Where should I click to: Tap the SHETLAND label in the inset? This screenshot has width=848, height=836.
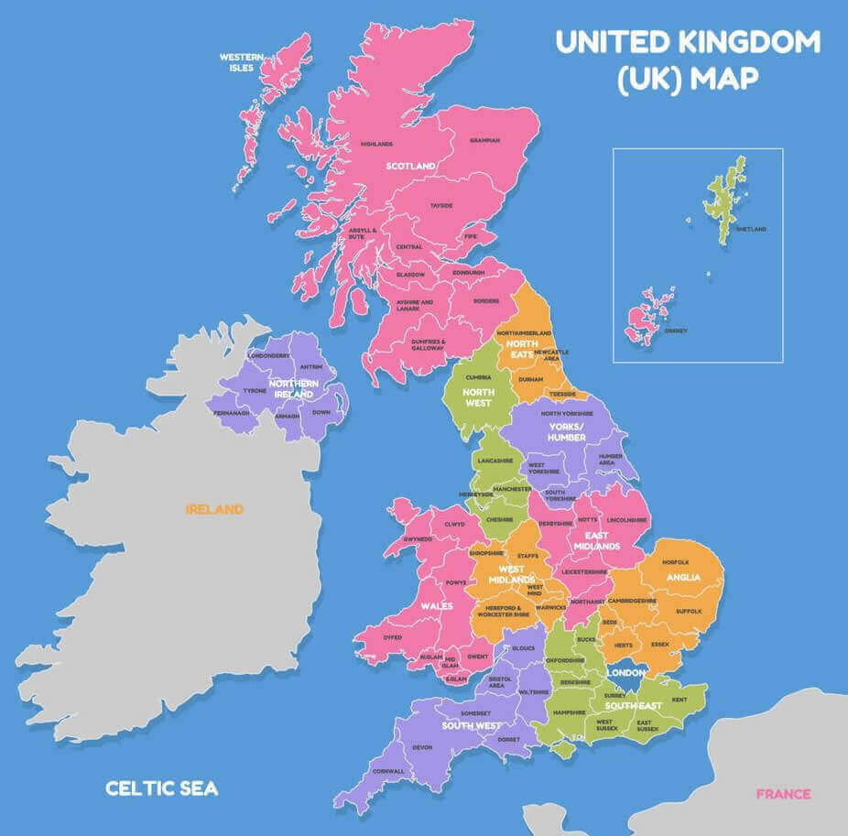[751, 229]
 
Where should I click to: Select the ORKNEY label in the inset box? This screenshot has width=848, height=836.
[676, 330]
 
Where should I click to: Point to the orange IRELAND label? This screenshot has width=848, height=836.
[214, 509]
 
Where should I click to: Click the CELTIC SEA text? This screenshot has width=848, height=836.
[161, 787]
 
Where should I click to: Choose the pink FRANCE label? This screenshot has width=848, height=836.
[783, 794]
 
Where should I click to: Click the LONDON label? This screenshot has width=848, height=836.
[626, 673]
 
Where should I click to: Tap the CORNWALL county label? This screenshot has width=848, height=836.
[388, 771]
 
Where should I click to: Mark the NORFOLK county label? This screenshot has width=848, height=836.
[675, 561]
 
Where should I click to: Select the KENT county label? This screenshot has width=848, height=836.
[679, 700]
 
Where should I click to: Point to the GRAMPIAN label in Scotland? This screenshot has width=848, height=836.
[484, 140]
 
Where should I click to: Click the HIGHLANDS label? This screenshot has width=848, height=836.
[376, 144]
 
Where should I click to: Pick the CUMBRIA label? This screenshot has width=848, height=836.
[479, 377]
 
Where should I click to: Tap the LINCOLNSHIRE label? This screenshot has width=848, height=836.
[626, 520]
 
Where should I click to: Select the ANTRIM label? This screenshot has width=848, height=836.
[310, 367]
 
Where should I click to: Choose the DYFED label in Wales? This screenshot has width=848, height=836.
[392, 637]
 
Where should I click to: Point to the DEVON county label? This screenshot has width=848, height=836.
[422, 747]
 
